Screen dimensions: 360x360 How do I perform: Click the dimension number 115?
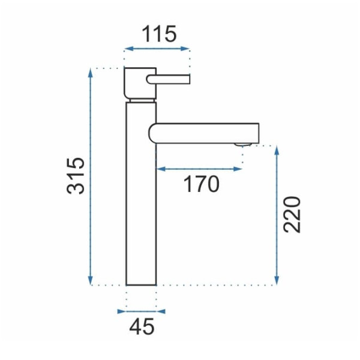coord(160,34)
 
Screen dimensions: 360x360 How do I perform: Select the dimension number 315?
coord(76,176)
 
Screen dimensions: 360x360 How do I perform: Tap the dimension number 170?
coord(202,184)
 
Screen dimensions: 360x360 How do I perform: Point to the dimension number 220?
coord(292,215)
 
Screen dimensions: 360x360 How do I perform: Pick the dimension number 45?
coord(142,327)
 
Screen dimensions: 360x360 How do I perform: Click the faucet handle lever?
coord(168,79)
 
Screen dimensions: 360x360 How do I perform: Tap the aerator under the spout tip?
coord(243,145)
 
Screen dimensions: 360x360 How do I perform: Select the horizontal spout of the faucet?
coord(204,133)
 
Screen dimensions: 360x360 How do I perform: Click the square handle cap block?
coord(140,83)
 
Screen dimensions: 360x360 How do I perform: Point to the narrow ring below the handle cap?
coord(142,101)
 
